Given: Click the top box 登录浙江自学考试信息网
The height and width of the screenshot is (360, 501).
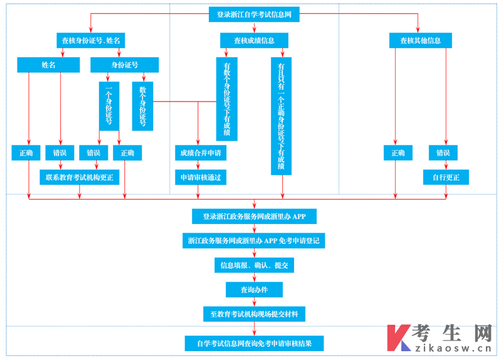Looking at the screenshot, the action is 254,14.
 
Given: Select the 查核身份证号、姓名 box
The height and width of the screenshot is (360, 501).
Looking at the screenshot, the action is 91,41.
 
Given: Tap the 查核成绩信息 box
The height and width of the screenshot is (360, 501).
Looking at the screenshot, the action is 254,41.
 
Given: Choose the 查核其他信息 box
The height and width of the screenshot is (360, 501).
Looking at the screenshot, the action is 421,41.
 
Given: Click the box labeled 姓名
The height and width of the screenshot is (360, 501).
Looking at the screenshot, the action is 48,65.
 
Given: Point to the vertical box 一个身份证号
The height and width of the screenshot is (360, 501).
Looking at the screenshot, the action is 109,106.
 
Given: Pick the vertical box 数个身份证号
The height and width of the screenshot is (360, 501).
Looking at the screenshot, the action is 142,106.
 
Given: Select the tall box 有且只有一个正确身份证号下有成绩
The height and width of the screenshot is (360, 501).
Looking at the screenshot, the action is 281,116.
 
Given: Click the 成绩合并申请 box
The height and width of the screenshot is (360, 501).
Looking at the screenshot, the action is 201,153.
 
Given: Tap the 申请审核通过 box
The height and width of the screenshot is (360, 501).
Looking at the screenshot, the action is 201,177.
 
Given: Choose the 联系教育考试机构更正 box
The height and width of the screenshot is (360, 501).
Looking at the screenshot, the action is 80,177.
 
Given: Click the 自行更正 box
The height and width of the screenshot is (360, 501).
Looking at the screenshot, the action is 446,177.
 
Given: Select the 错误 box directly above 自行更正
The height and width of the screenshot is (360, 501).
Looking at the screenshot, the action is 443,153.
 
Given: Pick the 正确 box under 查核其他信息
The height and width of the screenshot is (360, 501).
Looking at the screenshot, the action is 398,153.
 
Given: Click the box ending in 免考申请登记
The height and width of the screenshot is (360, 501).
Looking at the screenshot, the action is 254,241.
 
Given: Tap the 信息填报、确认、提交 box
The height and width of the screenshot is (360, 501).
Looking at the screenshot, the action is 254,265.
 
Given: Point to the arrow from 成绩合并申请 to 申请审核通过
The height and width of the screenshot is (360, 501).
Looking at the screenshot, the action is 198,165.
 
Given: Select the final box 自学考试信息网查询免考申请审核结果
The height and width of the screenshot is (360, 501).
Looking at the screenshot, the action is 254,343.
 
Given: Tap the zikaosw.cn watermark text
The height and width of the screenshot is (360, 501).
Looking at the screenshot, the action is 453,348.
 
